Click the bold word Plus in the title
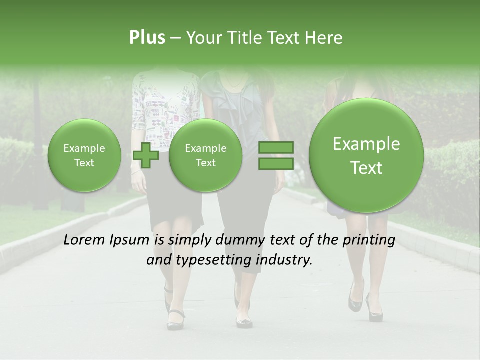[147, 38]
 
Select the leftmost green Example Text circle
[84, 155]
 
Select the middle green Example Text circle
[205, 155]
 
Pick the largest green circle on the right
[366, 155]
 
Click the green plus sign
[146, 155]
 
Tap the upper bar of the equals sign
[276, 147]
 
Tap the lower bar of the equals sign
[276, 164]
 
